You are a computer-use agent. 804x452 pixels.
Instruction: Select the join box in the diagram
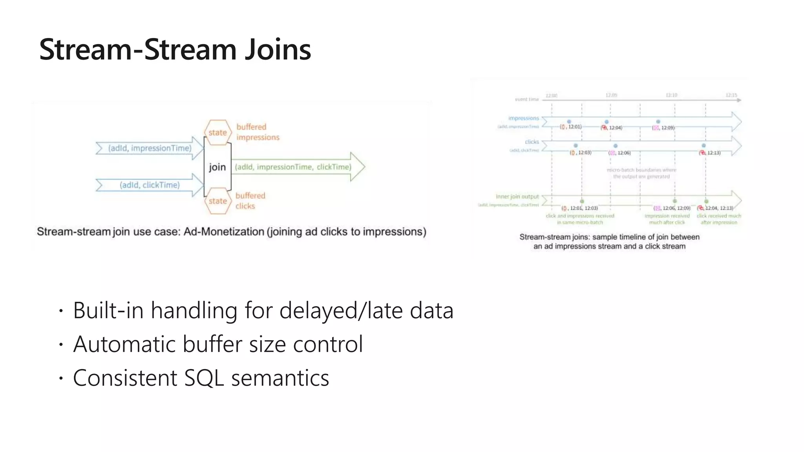click(217, 167)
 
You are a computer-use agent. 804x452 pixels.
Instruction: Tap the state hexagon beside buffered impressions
click(217, 133)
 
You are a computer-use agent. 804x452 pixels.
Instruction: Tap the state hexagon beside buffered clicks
click(217, 201)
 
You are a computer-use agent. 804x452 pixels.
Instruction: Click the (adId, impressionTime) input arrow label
click(150, 148)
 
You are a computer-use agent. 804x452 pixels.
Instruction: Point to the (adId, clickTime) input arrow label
click(150, 185)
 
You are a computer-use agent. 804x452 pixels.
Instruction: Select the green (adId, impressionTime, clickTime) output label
click(292, 167)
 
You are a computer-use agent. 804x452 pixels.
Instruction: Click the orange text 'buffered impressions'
click(258, 132)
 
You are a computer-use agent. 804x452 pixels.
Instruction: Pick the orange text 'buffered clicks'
click(250, 200)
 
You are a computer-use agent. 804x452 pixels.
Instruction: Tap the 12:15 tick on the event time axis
click(731, 95)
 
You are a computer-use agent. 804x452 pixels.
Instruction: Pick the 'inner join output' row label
click(517, 197)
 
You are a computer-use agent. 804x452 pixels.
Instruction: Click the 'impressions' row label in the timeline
click(523, 118)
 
